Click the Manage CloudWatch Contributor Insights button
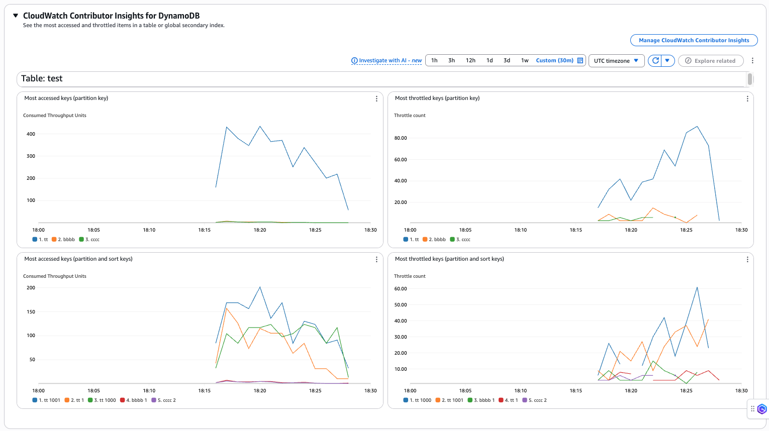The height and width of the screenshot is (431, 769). (694, 40)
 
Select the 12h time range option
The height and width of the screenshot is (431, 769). (470, 60)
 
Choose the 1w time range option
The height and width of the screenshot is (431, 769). (525, 60)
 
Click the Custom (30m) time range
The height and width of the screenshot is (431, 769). (554, 60)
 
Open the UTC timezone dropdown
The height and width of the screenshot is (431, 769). (616, 61)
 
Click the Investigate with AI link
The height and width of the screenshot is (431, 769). (387, 60)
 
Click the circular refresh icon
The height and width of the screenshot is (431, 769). (655, 60)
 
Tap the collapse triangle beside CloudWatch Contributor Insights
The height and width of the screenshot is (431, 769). (16, 16)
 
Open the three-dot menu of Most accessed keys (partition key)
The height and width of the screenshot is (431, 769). (376, 99)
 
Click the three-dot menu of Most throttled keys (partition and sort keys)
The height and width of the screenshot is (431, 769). (747, 260)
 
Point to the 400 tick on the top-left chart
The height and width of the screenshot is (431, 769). (31, 134)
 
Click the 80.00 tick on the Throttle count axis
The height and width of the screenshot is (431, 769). (401, 138)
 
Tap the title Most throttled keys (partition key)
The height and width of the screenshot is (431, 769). (437, 98)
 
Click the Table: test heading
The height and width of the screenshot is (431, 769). (42, 79)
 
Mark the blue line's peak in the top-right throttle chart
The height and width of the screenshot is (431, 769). (697, 127)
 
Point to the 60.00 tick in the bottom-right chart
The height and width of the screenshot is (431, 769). (401, 289)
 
